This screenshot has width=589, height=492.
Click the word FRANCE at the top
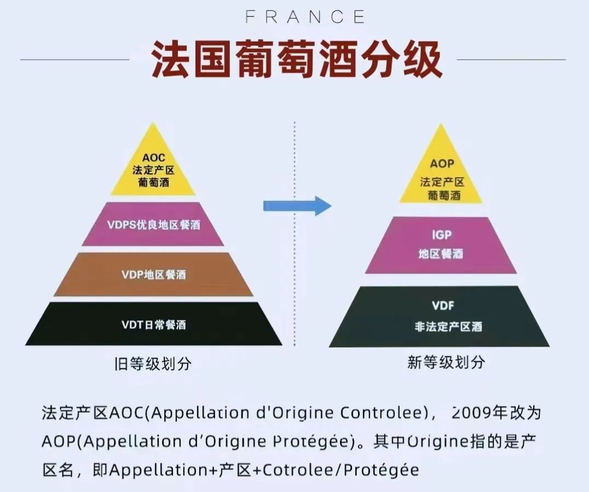click(305, 17)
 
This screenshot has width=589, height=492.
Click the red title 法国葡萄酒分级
click(296, 59)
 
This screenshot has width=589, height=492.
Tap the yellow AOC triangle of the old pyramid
click(153, 169)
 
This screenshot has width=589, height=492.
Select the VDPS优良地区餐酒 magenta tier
click(153, 224)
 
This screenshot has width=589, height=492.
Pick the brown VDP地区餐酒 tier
click(153, 274)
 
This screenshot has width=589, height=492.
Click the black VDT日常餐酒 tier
click(153, 324)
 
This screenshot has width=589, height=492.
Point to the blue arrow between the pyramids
click(296, 206)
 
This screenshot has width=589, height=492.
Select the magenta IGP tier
click(441, 245)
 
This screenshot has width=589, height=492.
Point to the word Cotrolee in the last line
click(297, 470)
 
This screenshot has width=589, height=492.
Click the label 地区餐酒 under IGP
click(441, 254)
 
